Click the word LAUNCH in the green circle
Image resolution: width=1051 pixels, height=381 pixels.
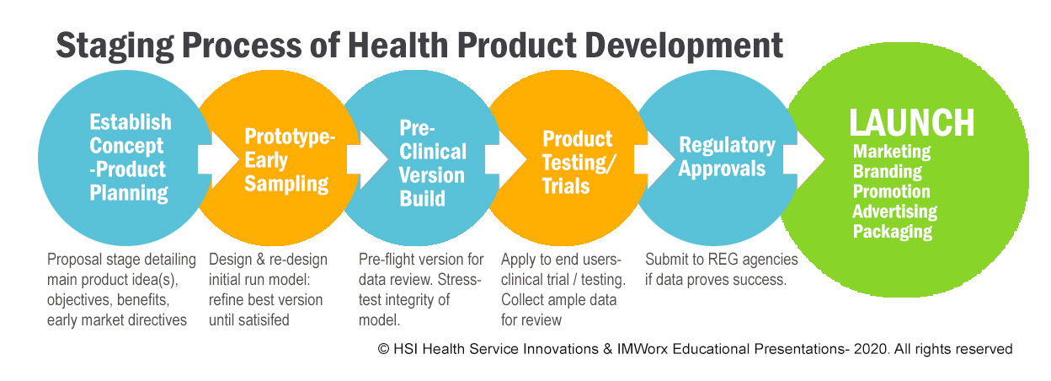click(x=912, y=122)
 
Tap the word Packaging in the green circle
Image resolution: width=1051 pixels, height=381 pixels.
click(x=893, y=232)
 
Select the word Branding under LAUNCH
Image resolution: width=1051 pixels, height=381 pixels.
click(x=888, y=172)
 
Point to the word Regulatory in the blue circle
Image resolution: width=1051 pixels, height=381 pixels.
click(x=727, y=146)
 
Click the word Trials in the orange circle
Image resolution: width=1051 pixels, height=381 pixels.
click(x=566, y=186)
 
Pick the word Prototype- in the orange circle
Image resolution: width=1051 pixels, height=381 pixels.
click(x=290, y=137)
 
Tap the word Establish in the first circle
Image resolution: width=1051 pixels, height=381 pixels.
click(x=131, y=122)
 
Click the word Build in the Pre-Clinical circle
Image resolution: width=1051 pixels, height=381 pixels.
click(x=422, y=199)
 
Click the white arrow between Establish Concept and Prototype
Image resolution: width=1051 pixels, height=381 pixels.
click(x=219, y=159)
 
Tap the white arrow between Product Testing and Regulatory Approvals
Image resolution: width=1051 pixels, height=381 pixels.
click(x=655, y=159)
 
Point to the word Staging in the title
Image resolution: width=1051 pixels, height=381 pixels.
click(x=115, y=47)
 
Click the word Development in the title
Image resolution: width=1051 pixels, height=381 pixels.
click(x=684, y=46)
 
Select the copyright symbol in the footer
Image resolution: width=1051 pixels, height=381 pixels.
click(x=384, y=349)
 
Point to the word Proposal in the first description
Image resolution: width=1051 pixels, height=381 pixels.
click(x=75, y=260)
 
